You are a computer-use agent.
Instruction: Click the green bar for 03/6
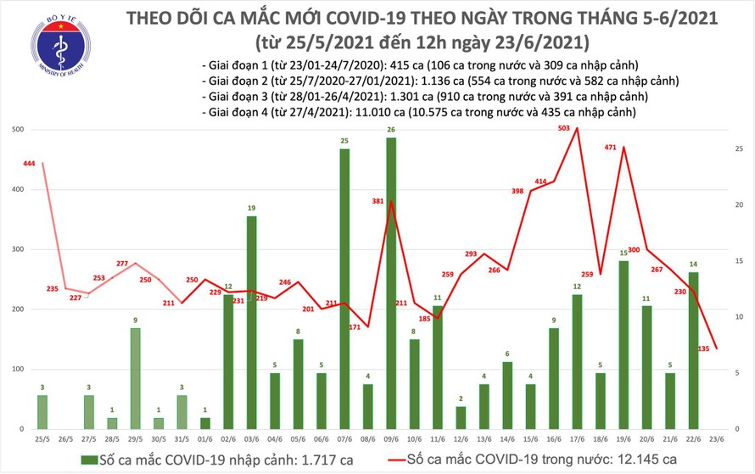pyautogui.click(x=252, y=323)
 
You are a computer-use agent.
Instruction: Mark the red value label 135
pyautogui.click(x=704, y=347)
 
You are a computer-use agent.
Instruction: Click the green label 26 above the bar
pyautogui.click(x=391, y=130)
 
